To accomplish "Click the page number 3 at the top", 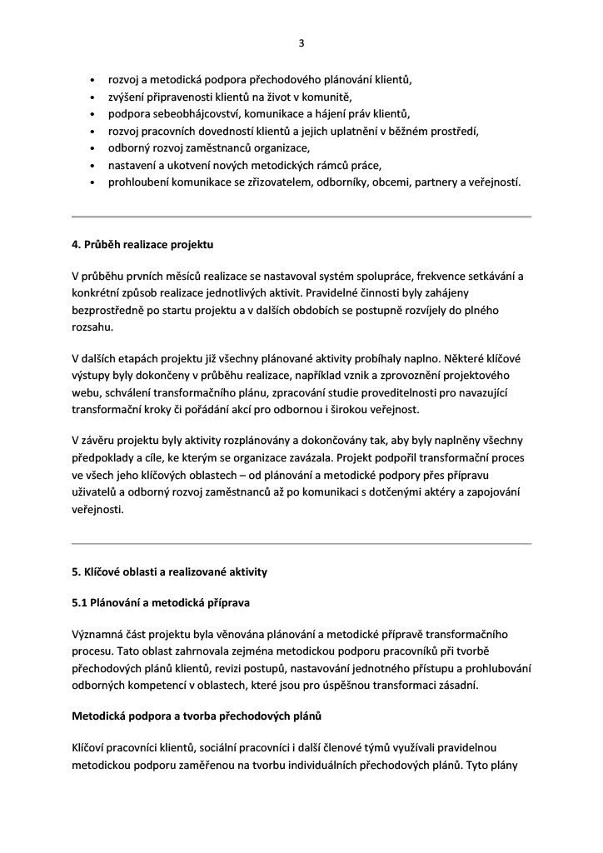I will [301, 43].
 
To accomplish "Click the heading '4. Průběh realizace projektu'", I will [142, 246].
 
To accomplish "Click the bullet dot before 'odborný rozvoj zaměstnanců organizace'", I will [92, 148].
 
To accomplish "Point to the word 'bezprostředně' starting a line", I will [110, 310].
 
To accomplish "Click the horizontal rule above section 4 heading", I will [301, 217].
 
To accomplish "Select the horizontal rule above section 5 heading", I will [301, 543].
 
